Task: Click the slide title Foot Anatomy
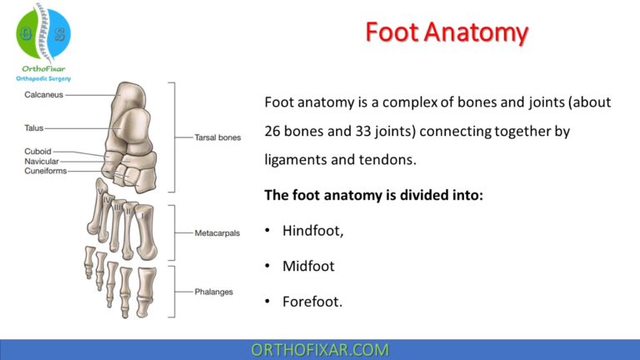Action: [447, 32]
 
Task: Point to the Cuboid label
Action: [37, 151]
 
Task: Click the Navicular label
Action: [41, 160]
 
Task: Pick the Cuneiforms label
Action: [45, 170]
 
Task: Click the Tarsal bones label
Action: [217, 137]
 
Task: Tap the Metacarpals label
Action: [217, 233]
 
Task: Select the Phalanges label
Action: [213, 292]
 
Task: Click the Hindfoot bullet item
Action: [312, 231]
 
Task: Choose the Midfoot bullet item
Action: [308, 266]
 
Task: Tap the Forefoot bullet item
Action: [312, 302]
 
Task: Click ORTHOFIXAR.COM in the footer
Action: [320, 349]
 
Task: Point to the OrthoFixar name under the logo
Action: [43, 68]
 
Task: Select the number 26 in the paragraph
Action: [274, 132]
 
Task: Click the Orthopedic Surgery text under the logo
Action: [43, 78]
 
